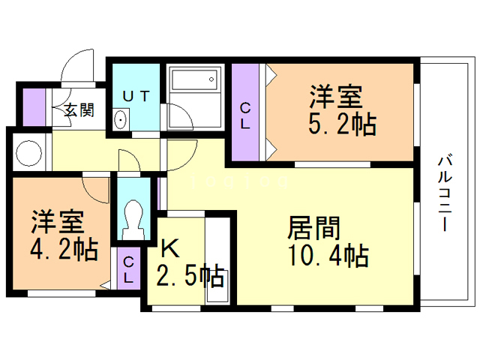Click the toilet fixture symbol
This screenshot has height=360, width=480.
pyautogui.click(x=133, y=220)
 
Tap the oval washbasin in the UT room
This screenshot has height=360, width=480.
pyautogui.click(x=121, y=119)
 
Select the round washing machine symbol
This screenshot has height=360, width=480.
pyautogui.click(x=28, y=153)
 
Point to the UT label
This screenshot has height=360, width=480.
pyautogui.click(x=136, y=96)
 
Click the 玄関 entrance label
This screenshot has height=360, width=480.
pyautogui.click(x=79, y=109)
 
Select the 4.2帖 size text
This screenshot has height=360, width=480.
pyautogui.click(x=64, y=250)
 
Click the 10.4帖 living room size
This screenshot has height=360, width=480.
pyautogui.click(x=328, y=256)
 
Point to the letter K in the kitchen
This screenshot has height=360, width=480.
pyautogui.click(x=170, y=248)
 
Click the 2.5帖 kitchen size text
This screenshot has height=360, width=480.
pyautogui.click(x=190, y=276)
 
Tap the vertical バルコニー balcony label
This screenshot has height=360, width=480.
pyautogui.click(x=445, y=193)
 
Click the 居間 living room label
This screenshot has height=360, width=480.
pyautogui.click(x=314, y=228)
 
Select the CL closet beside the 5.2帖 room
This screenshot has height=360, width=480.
pyautogui.click(x=245, y=112)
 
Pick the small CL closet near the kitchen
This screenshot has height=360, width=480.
pyautogui.click(x=129, y=268)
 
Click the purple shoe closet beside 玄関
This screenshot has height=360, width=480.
pyautogui.click(x=34, y=107)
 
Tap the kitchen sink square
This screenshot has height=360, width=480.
pyautogui.click(x=217, y=286)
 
